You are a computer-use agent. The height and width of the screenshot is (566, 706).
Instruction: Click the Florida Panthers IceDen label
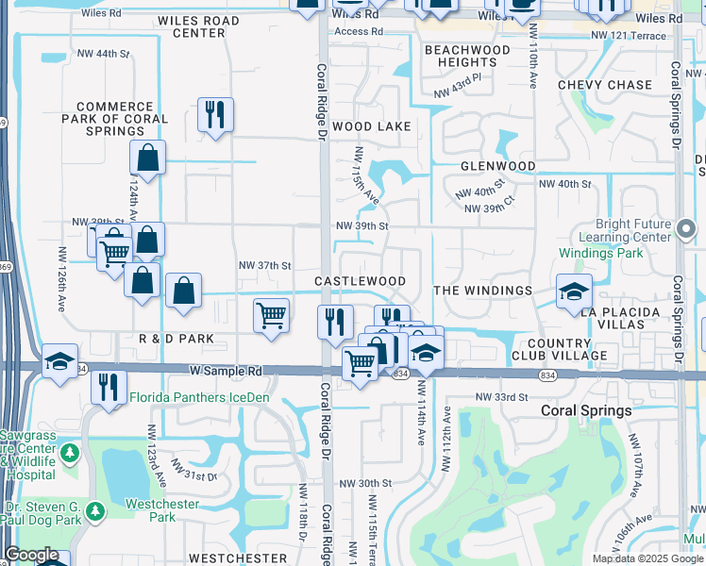(199, 397)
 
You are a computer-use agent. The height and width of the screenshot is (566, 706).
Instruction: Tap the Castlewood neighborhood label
(360, 281)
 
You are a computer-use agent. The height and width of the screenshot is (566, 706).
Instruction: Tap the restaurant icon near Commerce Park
(215, 115)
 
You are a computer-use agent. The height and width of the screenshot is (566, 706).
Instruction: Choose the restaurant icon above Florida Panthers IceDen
(109, 385)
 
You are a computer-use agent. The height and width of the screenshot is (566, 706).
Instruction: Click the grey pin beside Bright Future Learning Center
(687, 228)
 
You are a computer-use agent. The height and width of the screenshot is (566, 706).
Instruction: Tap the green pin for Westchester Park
(94, 511)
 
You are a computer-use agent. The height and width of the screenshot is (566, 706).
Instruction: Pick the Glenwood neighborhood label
(497, 166)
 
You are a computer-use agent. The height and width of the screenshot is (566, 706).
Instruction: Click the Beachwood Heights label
(467, 56)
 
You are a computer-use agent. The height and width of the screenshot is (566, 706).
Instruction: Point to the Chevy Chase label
(605, 85)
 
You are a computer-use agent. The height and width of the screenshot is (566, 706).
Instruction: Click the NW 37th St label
(265, 266)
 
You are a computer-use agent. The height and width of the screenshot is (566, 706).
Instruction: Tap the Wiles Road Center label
(198, 27)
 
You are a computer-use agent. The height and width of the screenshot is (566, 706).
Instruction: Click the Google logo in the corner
(31, 556)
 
